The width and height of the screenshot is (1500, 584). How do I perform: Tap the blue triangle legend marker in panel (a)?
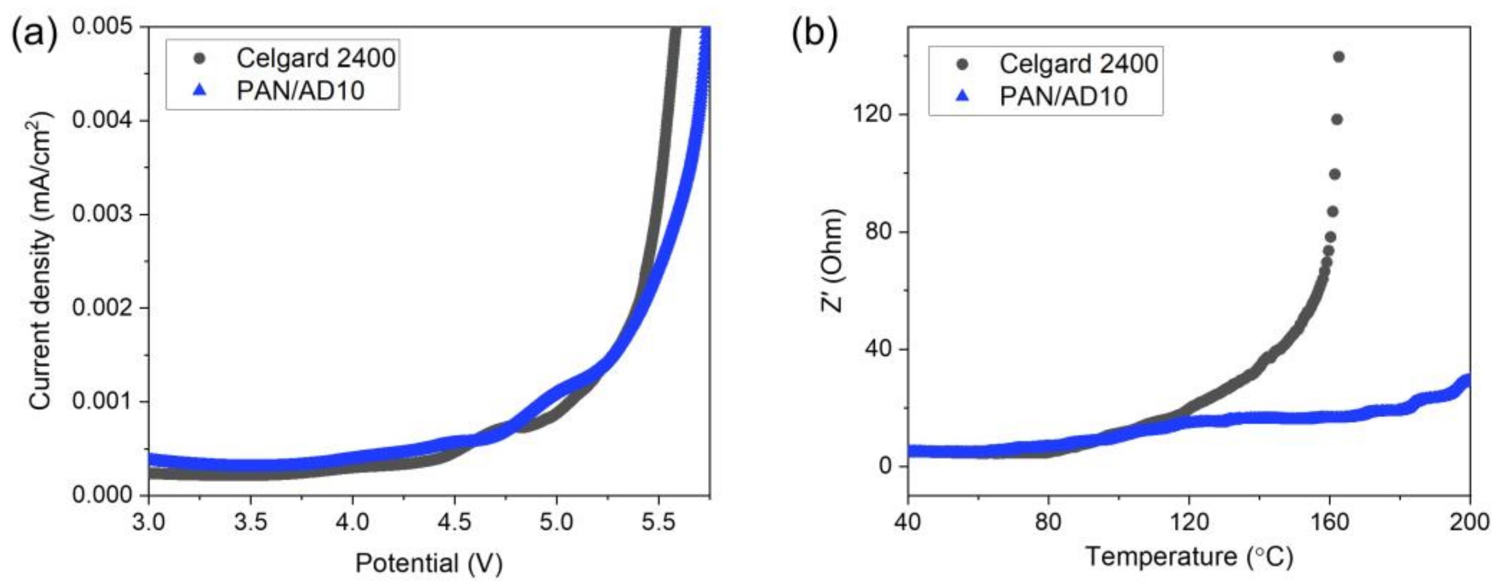pyautogui.click(x=200, y=90)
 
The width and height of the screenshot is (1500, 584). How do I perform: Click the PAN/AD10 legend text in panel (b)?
pyautogui.click(x=1063, y=96)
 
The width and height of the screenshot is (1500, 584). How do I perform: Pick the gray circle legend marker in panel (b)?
pyautogui.click(x=963, y=64)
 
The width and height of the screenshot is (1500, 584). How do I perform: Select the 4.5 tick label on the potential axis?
pyautogui.click(x=454, y=522)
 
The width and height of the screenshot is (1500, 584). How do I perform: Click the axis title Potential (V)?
pyautogui.click(x=429, y=563)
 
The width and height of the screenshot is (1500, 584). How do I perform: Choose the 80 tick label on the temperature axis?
pyautogui.click(x=1048, y=522)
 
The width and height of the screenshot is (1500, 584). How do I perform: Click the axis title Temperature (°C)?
pyautogui.click(x=1189, y=557)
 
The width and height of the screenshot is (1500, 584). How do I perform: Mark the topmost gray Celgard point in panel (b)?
pyautogui.click(x=1339, y=56)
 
